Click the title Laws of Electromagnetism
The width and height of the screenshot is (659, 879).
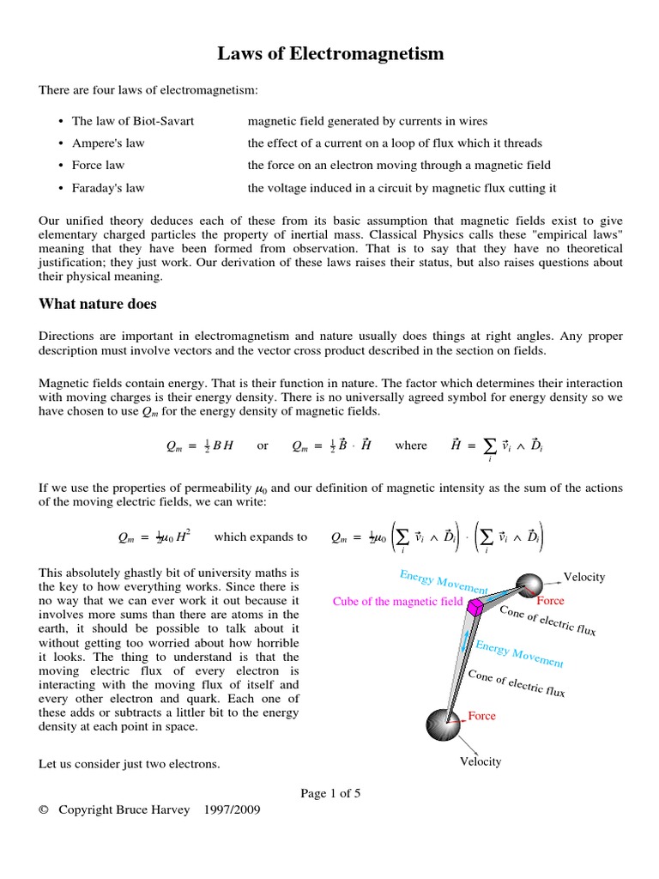pyautogui.click(x=329, y=55)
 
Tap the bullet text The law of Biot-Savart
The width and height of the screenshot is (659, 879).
pyautogui.click(x=132, y=121)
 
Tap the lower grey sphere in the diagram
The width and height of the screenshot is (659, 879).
pyautogui.click(x=446, y=723)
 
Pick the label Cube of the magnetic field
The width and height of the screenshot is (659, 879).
pyautogui.click(x=397, y=602)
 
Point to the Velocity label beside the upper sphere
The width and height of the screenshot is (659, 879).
pyautogui.click(x=584, y=577)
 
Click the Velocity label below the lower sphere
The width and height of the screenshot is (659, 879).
pyautogui.click(x=481, y=761)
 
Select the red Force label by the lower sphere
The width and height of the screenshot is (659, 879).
pyautogui.click(x=481, y=715)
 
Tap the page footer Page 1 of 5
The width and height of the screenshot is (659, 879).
pyautogui.click(x=329, y=793)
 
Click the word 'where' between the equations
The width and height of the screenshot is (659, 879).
pyautogui.click(x=410, y=446)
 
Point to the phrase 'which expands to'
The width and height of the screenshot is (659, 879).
pyautogui.click(x=260, y=537)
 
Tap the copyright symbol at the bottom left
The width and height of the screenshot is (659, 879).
pyautogui.click(x=44, y=809)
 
